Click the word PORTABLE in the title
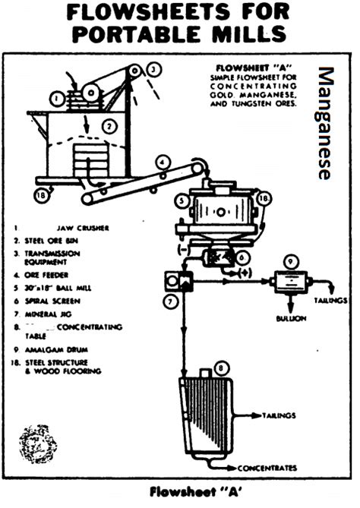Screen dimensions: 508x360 [x=125, y=35]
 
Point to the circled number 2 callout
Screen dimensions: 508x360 [x=109, y=126]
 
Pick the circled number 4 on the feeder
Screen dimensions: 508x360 [x=163, y=162]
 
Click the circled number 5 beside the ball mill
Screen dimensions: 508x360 [x=178, y=201]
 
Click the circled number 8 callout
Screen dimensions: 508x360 [x=222, y=370]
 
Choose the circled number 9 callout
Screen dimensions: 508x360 [x=288, y=262]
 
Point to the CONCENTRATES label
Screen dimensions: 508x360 [x=267, y=468]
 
